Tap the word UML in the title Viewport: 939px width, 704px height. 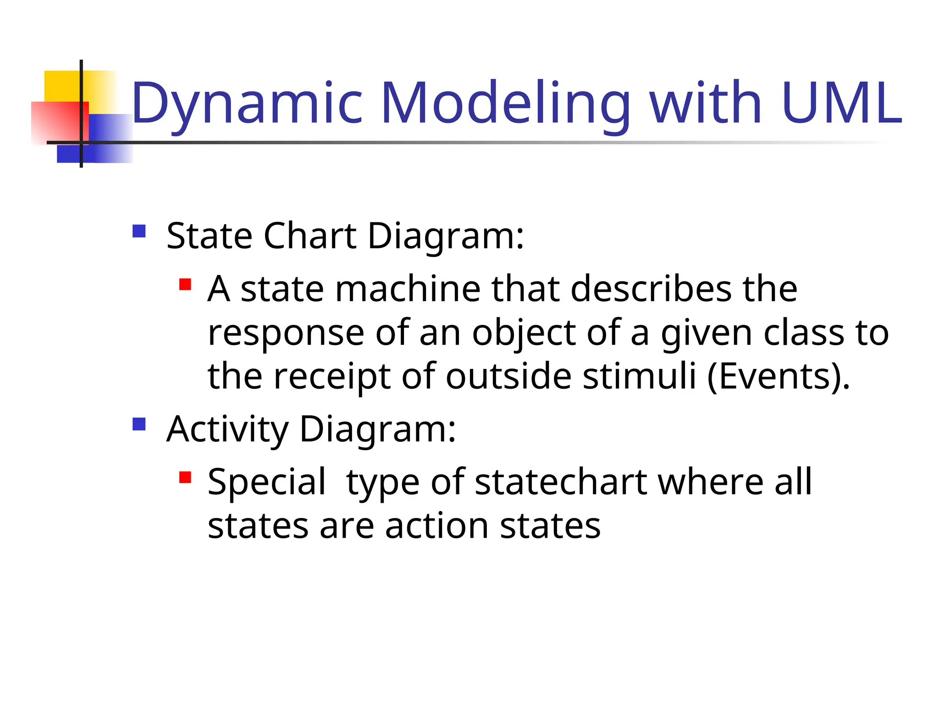point(842,104)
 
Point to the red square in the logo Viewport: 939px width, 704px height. point(55,121)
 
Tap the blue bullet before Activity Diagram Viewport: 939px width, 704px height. point(139,424)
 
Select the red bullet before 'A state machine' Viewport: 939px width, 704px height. point(185,285)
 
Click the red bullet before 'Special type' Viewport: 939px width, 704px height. point(185,478)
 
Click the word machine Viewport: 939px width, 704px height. point(408,289)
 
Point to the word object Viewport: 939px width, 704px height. point(523,333)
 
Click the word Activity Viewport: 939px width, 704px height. point(227,429)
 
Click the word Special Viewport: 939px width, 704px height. point(266,482)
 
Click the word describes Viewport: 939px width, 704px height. point(651,289)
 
